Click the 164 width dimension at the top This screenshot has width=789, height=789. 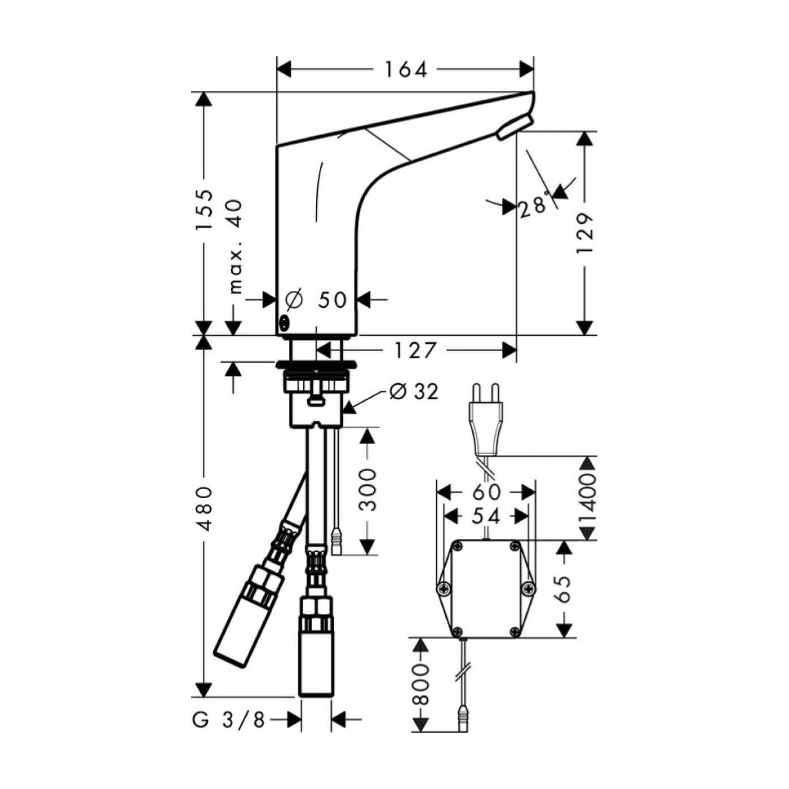406,69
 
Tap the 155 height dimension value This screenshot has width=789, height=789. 205,209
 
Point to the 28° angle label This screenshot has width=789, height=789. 533,206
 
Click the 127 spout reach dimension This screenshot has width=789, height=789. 415,350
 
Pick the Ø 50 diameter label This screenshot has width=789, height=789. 317,300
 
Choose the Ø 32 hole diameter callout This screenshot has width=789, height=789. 414,391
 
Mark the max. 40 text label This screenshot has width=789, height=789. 236,246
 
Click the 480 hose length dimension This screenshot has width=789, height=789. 204,508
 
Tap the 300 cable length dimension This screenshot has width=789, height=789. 367,489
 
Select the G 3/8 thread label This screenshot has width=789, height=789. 229,720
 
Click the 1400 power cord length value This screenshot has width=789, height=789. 587,499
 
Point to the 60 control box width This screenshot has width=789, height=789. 486,492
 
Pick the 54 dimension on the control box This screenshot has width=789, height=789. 486,516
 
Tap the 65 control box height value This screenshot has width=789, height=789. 564,588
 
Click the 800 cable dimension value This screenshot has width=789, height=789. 420,684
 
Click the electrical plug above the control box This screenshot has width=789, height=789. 485,420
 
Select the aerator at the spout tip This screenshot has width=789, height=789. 515,127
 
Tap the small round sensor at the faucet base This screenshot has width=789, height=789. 284,323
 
